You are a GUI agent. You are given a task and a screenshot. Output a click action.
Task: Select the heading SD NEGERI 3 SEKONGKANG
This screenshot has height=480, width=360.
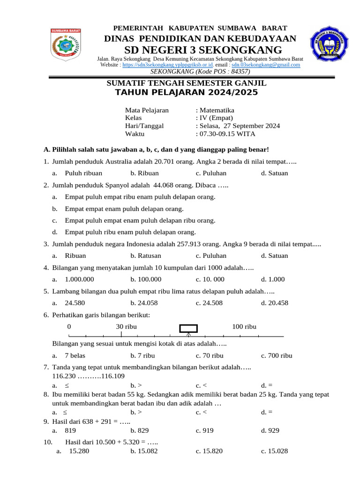[x=202, y=50]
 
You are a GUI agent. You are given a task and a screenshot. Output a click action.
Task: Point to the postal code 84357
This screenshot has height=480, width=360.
[x=240, y=71]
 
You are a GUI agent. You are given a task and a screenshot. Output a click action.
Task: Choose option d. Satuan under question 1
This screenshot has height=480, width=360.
[x=275, y=173]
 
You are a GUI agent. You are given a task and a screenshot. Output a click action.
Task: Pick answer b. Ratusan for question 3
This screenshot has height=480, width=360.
[x=146, y=256]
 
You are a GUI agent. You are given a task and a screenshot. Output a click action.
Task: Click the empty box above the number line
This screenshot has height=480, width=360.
[x=189, y=328]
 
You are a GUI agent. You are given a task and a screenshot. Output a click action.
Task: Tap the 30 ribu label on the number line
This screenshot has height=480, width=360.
[x=126, y=326]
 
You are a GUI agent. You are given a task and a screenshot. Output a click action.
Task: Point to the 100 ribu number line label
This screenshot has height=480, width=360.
[x=244, y=326]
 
